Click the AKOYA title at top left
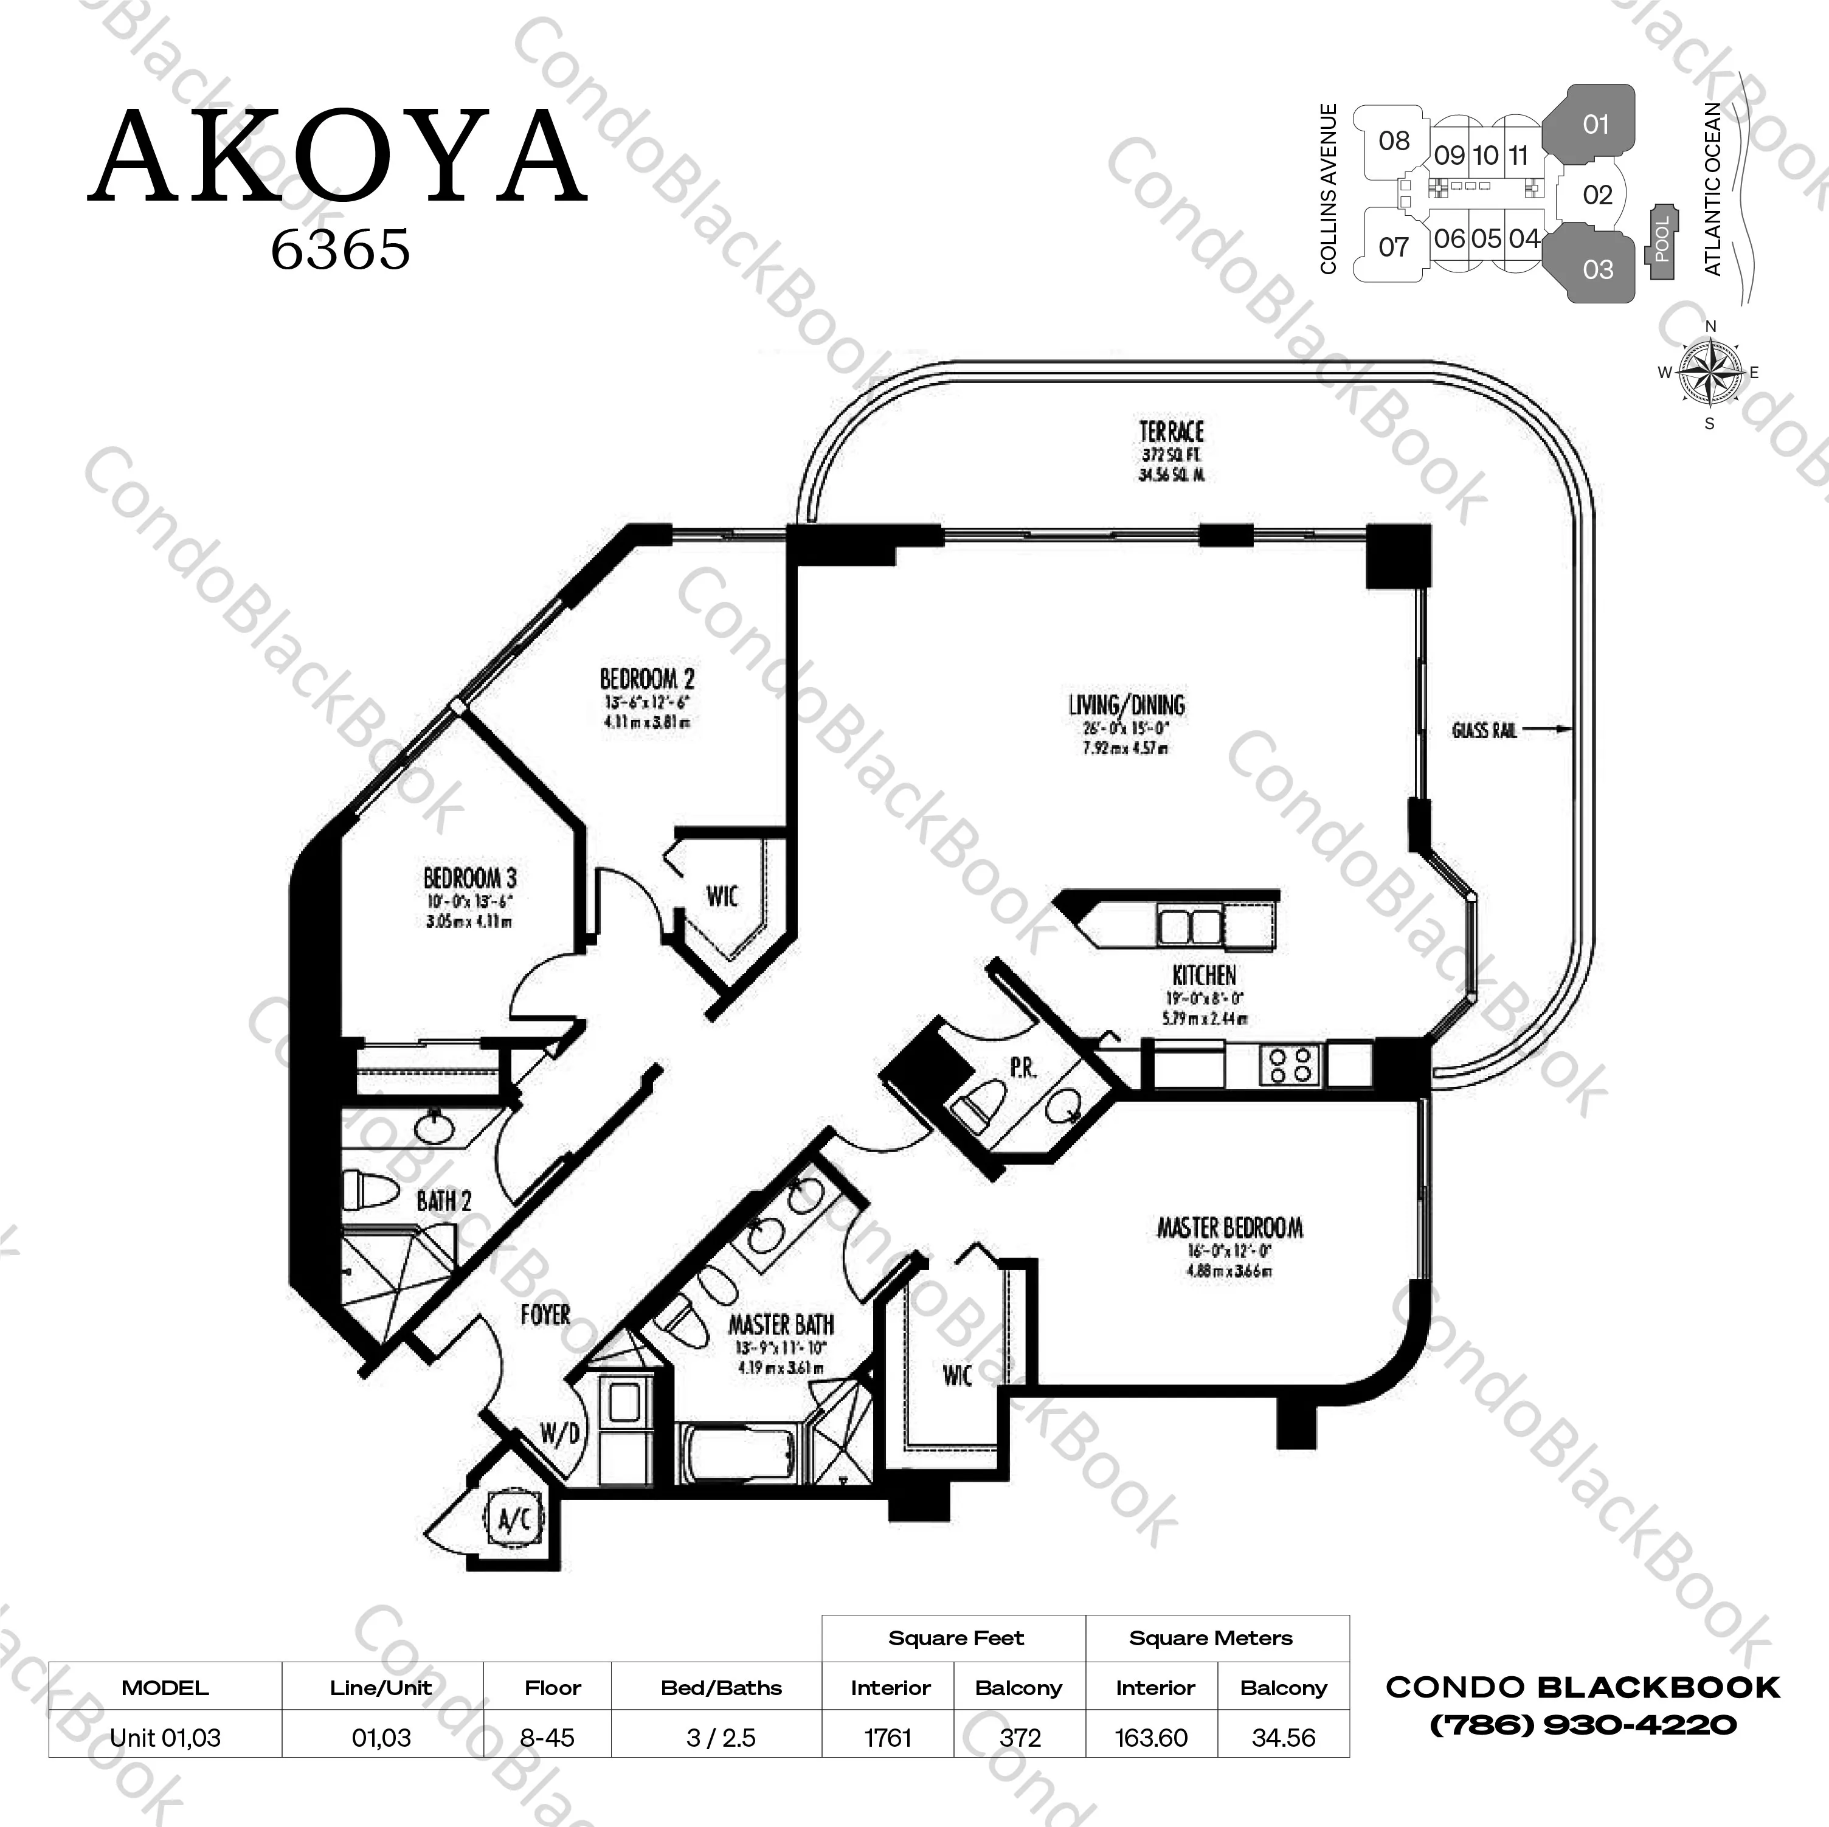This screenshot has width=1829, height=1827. point(338,158)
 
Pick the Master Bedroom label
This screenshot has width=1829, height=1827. point(1229,1228)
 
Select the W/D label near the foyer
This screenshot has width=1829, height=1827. point(559,1434)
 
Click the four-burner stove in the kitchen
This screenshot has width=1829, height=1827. point(1290,1064)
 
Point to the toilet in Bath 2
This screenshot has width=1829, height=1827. point(369,1190)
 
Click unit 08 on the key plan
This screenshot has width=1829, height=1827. point(1394,141)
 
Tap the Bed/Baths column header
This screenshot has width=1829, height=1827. point(721,1688)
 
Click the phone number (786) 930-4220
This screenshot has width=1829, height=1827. point(1582,1725)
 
